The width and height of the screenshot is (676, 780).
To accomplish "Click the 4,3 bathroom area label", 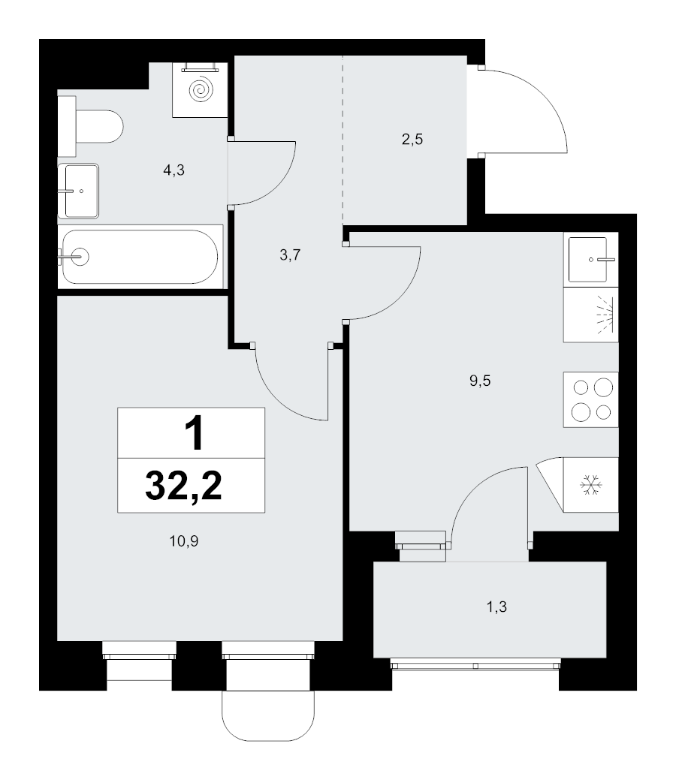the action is tap(174, 170).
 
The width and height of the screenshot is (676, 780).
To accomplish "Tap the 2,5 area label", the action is tap(412, 140).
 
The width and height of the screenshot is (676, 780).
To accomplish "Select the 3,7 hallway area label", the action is tap(290, 255).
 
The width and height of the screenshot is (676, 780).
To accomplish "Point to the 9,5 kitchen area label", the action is tap(480, 381).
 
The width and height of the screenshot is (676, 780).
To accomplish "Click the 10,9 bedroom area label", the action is tap(184, 541).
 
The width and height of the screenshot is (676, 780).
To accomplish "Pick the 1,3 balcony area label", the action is tap(496, 607).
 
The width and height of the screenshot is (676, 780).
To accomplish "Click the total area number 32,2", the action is tap(184, 486).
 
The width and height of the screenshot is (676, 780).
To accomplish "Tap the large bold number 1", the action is tap(194, 433).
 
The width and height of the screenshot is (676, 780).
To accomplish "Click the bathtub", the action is tap(140, 257).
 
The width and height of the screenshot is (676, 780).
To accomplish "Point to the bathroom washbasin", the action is tap(78, 191).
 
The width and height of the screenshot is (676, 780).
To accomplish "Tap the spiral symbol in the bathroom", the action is tap(201, 90).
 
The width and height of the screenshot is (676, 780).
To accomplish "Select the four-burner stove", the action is tap(591, 399).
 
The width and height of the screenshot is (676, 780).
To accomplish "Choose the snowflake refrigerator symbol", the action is tap(591, 485).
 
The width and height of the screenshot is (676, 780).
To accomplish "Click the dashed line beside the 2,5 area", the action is tap(343, 140).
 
